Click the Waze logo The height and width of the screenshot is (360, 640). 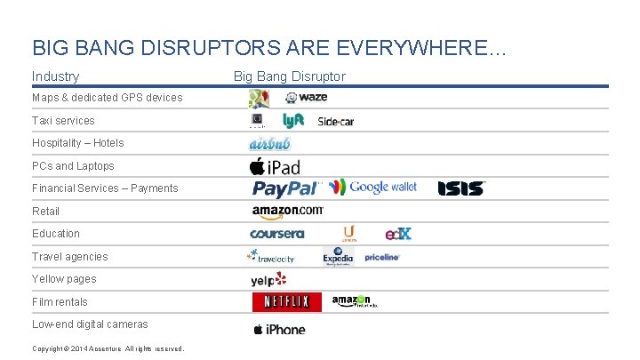point(307,97)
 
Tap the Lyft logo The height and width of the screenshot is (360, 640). point(293,120)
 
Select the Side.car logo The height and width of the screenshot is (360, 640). point(335,121)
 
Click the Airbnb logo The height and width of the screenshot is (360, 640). point(269,143)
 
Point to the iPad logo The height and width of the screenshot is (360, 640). point(275,166)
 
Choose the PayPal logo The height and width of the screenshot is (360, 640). point(285,188)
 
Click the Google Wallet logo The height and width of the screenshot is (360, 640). point(372,187)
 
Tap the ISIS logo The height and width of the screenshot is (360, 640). point(461,188)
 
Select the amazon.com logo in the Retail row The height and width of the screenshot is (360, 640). point(287,211)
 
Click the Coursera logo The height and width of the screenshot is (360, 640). point(277,234)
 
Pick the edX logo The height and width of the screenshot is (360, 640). point(398,234)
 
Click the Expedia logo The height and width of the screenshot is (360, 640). point(338,257)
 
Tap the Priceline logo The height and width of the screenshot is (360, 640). point(382,257)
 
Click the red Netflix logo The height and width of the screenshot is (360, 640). point(286,302)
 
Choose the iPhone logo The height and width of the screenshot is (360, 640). point(279,330)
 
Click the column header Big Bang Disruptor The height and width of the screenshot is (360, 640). point(289,76)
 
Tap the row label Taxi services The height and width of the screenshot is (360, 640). point(63,120)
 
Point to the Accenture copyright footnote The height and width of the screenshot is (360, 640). point(108,348)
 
